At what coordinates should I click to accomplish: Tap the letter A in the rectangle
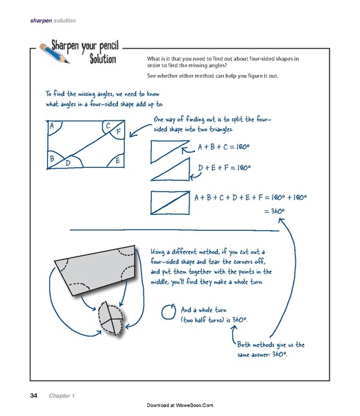pyautogui.click(x=52, y=127)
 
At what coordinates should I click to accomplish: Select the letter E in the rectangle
pyautogui.click(x=118, y=161)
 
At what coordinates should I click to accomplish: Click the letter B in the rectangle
pyautogui.click(x=51, y=159)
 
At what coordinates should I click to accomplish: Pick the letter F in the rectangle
pyautogui.click(x=119, y=131)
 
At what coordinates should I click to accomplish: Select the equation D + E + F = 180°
pyautogui.click(x=224, y=168)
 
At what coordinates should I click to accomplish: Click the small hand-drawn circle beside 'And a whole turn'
pyautogui.click(x=167, y=313)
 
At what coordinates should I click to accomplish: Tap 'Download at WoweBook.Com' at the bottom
pyautogui.click(x=180, y=404)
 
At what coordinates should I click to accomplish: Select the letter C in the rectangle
pyautogui.click(x=108, y=125)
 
